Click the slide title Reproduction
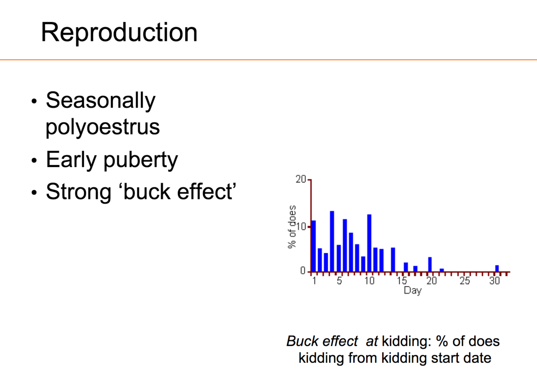click(x=119, y=33)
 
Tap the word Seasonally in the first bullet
click(x=101, y=101)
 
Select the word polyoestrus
click(x=103, y=127)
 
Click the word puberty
click(x=141, y=160)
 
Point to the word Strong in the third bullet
click(x=78, y=192)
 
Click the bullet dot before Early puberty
click(x=34, y=160)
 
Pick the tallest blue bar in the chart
click(x=332, y=241)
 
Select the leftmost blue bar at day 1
click(x=314, y=246)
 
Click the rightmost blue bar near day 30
click(x=497, y=268)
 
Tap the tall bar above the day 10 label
click(x=369, y=243)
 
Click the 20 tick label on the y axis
click(x=301, y=179)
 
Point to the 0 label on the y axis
click(x=303, y=271)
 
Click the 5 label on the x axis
click(x=339, y=281)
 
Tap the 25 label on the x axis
click(x=465, y=281)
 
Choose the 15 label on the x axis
click(x=402, y=281)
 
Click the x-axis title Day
click(x=412, y=291)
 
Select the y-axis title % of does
click(x=292, y=227)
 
